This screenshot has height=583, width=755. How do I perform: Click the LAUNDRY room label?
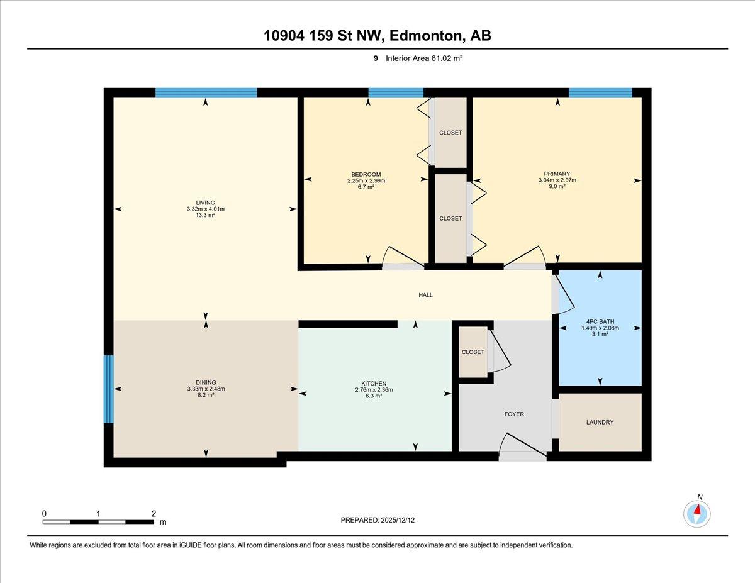tap(600, 422)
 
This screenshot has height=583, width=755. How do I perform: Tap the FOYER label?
tap(514, 414)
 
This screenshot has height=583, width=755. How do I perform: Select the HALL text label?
tap(425, 295)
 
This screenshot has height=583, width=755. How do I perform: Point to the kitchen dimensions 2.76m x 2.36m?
tap(374, 389)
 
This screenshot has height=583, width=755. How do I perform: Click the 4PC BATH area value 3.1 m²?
tap(600, 334)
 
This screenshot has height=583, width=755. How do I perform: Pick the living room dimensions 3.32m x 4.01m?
tap(205, 209)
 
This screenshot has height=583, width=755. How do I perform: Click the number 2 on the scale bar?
tap(154, 514)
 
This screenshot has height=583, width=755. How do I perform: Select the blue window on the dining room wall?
tap(109, 389)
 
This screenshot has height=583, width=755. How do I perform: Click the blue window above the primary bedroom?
tap(600, 93)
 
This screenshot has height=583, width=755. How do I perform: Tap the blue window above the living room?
tap(206, 93)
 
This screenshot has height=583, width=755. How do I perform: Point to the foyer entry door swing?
tap(522, 447)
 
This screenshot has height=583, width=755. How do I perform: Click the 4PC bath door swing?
tap(564, 294)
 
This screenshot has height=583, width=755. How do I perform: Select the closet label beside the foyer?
tap(473, 352)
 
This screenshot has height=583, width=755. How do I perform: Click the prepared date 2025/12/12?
tap(398, 520)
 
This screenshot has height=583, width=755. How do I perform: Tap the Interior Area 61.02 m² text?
tap(424, 58)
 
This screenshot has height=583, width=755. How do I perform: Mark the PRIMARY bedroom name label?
tap(557, 174)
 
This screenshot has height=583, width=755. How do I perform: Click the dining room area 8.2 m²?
tap(206, 395)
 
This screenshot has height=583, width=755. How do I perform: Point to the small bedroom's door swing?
tap(403, 258)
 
